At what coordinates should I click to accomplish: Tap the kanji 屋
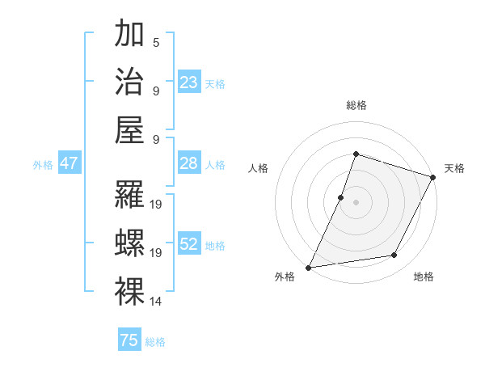point(130,129)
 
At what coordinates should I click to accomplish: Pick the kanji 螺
point(130,243)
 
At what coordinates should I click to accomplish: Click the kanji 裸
point(130,292)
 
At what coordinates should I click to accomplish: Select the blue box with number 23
point(189,82)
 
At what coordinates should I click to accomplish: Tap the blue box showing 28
point(189,163)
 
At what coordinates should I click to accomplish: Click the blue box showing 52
point(189,244)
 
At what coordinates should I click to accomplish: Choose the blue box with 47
point(70,163)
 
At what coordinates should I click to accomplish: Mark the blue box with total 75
point(129,340)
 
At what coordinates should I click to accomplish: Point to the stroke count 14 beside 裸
point(157,302)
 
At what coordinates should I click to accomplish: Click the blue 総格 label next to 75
point(156,342)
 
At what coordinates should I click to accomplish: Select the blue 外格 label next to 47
point(43,165)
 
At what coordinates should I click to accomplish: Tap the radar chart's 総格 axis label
point(356,105)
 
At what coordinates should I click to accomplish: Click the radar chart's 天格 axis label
point(454,168)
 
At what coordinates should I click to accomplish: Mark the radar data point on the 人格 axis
point(341,197)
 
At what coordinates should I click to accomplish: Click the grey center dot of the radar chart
point(356,202)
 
